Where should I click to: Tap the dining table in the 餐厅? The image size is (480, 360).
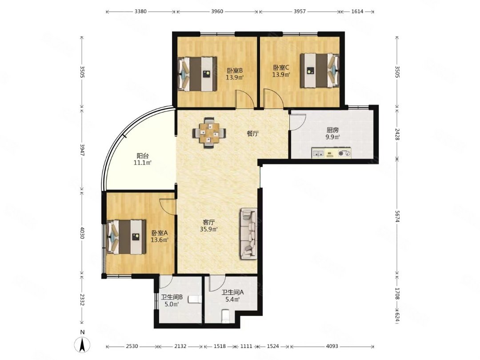(210, 133)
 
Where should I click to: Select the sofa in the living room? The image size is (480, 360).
(248, 234)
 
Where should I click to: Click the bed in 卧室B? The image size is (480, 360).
(197, 74)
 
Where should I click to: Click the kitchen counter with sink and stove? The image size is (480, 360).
(332, 153)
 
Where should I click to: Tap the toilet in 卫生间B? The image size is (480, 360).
(195, 299)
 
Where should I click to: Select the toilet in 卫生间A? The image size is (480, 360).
(225, 316)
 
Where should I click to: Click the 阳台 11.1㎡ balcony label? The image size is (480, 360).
(143, 159)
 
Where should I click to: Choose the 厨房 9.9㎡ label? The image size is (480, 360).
(333, 134)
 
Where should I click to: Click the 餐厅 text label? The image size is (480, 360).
(253, 133)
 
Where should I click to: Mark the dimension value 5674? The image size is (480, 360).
(397, 216)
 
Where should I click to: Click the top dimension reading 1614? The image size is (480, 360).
(357, 12)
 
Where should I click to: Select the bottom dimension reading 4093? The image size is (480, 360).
(332, 346)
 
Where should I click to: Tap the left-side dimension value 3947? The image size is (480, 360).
(82, 150)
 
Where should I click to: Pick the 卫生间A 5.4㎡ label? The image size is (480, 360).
(232, 296)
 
